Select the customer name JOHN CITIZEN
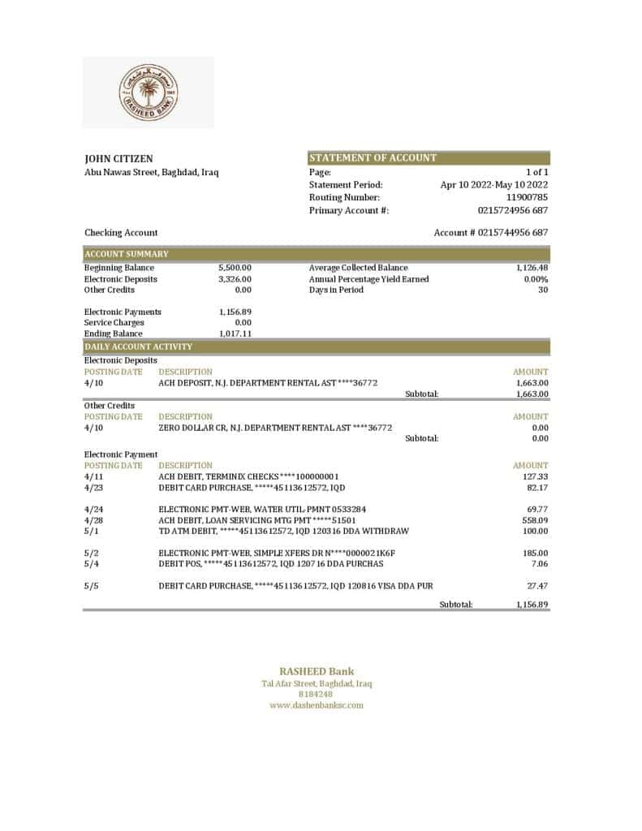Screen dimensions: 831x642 point(118,159)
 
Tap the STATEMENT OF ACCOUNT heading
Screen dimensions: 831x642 point(373,158)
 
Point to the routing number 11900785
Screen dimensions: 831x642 point(527,197)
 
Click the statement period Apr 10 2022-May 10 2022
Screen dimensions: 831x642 point(493,185)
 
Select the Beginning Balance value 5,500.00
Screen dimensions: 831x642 point(235,268)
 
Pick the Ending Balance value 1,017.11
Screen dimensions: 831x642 point(235,334)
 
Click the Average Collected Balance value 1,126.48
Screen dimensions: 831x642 point(532,268)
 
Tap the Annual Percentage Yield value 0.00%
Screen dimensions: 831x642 point(536,279)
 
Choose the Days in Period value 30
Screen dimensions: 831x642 point(543,290)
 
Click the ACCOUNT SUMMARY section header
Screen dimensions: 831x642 point(127,254)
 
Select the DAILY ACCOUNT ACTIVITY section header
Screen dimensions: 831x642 point(138,347)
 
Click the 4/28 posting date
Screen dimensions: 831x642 point(93,520)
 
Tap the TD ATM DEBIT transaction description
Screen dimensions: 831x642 point(283,531)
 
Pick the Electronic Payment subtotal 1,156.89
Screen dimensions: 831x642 point(532,605)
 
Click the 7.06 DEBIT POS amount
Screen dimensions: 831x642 point(539,563)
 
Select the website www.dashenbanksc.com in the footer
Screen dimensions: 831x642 point(317,705)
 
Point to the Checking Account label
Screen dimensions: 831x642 point(121,233)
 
